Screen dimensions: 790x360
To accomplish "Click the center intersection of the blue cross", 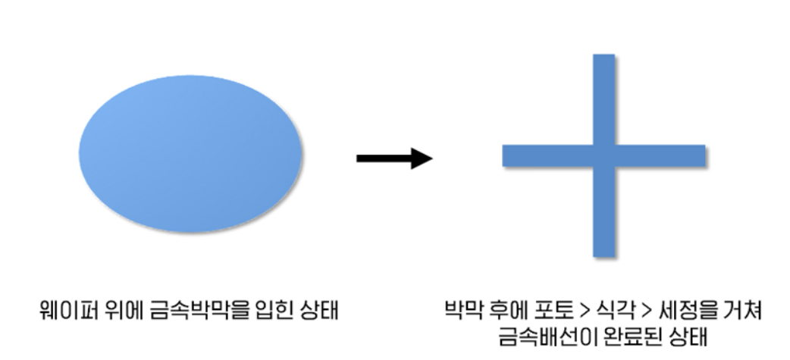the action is coord(603,155).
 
